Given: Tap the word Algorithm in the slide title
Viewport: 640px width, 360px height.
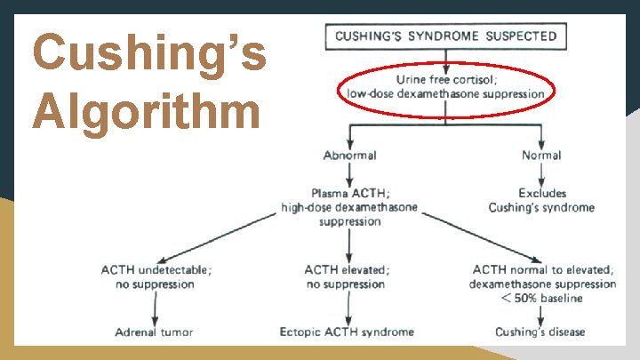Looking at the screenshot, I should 148,112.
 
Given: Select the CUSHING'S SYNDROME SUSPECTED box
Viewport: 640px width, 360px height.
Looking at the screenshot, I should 446,36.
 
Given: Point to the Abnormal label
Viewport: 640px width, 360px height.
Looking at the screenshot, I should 350,155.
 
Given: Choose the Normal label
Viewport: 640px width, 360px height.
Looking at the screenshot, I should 541,155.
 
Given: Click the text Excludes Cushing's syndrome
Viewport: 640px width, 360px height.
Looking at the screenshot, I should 541,200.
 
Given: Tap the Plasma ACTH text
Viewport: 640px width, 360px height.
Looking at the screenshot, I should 349,193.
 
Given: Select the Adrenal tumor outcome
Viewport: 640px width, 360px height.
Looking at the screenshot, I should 154,332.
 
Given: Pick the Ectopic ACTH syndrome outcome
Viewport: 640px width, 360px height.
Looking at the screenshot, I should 347,332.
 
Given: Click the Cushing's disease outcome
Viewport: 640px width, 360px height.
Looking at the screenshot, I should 540,332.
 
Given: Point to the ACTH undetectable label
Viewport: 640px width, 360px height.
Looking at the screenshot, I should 156,269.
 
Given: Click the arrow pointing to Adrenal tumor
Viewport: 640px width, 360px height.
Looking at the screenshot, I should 156,307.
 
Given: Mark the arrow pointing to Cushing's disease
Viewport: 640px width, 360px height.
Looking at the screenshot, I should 541,315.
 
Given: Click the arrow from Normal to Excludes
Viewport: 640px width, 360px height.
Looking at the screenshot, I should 541,174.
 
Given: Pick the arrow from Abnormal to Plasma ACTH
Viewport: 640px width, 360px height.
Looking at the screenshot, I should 350,174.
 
